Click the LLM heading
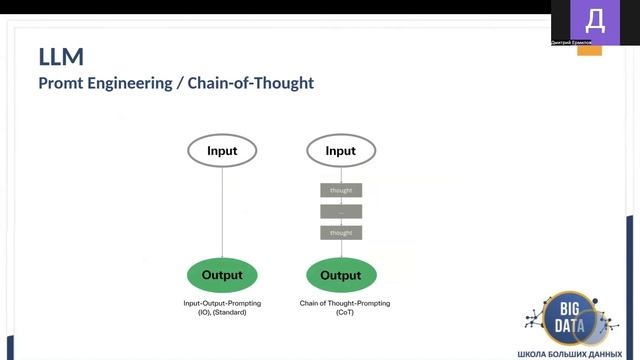pyautogui.click(x=61, y=57)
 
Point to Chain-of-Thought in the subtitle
pyautogui.click(x=258, y=83)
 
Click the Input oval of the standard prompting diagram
pyautogui.click(x=222, y=151)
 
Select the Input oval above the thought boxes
pyautogui.click(x=341, y=151)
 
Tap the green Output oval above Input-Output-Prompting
pyautogui.click(x=222, y=275)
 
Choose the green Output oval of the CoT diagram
pyautogui.click(x=341, y=275)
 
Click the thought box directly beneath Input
pyautogui.click(x=341, y=190)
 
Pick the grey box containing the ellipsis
pyautogui.click(x=341, y=211)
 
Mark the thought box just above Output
pyautogui.click(x=341, y=232)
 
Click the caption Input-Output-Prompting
pyautogui.click(x=222, y=303)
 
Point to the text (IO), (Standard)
pyautogui.click(x=222, y=312)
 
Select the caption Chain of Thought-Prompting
pyautogui.click(x=344, y=303)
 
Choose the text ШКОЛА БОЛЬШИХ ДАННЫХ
pyautogui.click(x=576, y=354)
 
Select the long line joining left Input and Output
pyautogui.click(x=222, y=212)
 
